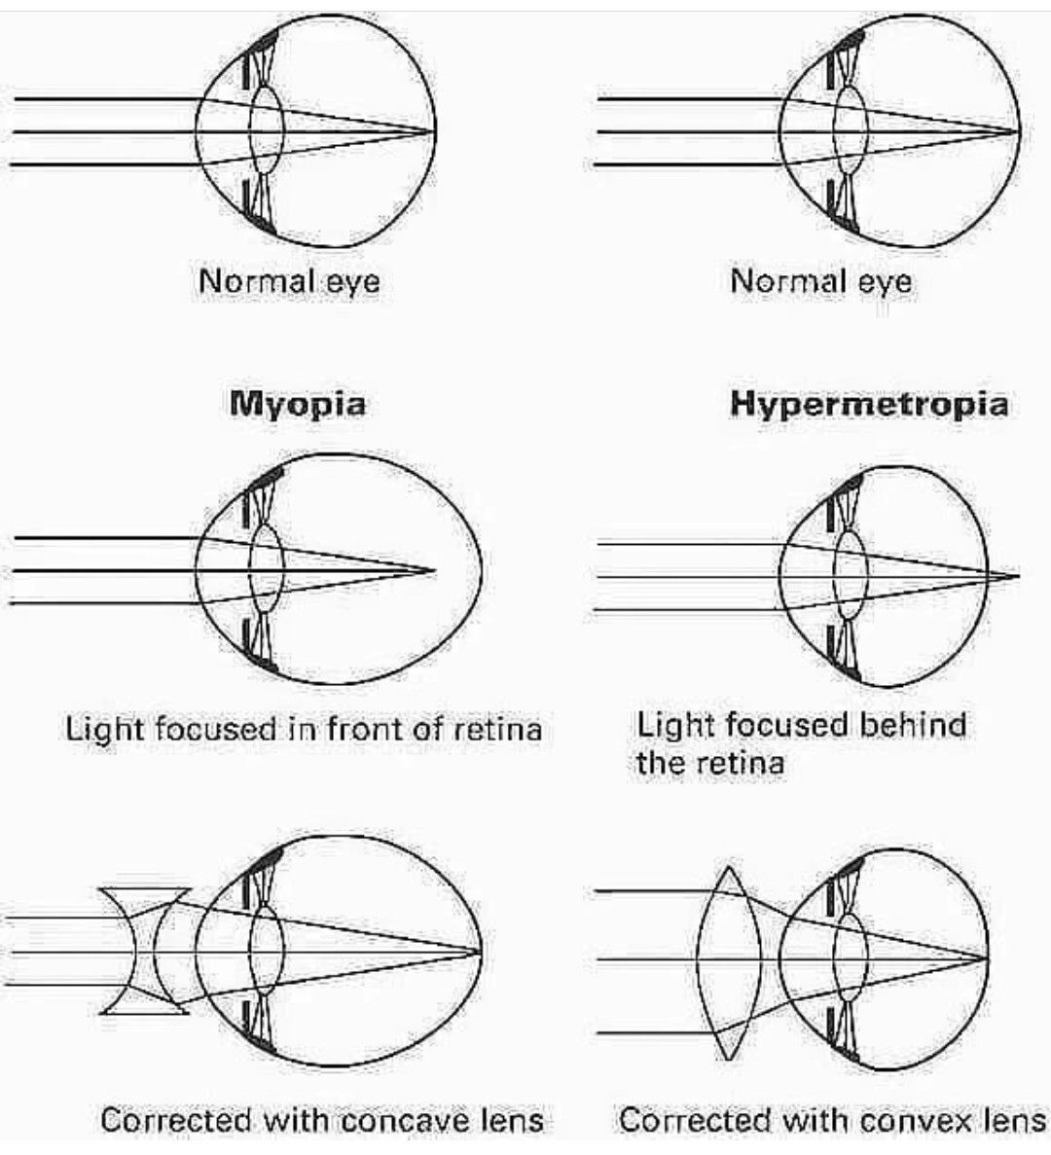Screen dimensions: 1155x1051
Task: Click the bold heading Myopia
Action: click(298, 403)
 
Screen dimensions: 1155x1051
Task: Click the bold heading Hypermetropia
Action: click(869, 404)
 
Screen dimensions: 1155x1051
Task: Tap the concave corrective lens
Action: click(145, 950)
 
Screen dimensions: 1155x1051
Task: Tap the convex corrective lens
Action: click(730, 961)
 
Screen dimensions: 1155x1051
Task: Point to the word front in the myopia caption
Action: click(368, 728)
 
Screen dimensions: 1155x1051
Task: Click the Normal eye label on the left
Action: click(289, 281)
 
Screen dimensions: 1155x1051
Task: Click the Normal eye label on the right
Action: click(821, 281)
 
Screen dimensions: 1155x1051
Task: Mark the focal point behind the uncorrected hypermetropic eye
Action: click(1017, 576)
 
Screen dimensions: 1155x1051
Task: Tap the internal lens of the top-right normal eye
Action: click(851, 131)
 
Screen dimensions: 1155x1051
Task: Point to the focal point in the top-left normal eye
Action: click(433, 130)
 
